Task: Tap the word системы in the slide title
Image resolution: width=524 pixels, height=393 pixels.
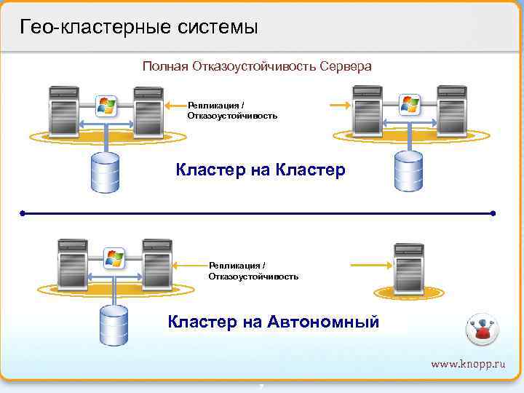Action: point(217,28)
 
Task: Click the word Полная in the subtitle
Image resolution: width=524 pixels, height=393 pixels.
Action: point(164,66)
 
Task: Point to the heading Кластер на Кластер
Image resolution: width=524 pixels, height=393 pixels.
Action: point(261,170)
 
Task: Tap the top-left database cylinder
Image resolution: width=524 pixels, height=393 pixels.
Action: point(104,173)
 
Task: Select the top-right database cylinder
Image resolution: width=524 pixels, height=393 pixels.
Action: point(408,172)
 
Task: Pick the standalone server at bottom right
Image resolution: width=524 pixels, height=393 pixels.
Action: point(408,266)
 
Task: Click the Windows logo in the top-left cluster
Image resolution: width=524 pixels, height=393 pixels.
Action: point(106,106)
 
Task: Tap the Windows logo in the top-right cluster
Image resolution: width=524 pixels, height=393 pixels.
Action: point(410,105)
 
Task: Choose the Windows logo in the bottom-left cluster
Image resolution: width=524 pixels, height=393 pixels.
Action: point(114,257)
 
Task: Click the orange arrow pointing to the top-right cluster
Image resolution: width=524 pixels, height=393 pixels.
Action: point(340,106)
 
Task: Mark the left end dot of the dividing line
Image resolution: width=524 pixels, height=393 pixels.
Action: point(23,214)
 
